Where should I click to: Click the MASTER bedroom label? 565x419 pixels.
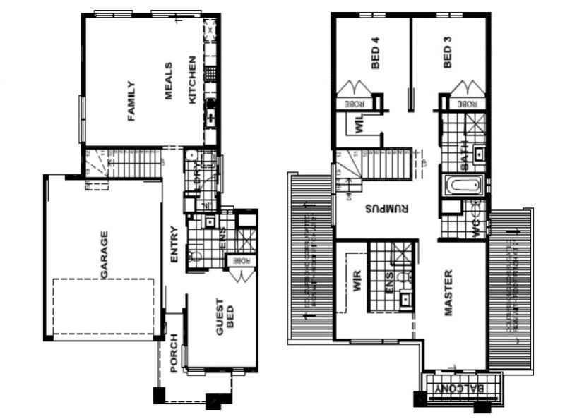tap(448, 292)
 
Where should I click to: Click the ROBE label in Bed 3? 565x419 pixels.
tap(468, 104)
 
